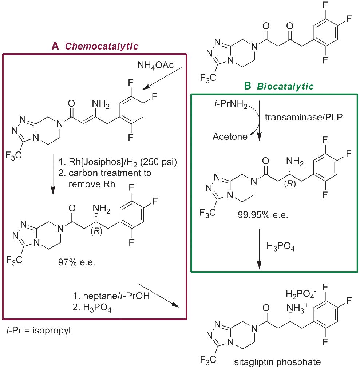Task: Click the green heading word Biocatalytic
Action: [x=285, y=86]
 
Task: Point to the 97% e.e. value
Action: [x=76, y=261]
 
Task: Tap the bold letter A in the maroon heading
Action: [x=55, y=46]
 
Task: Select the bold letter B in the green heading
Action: [x=247, y=86]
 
